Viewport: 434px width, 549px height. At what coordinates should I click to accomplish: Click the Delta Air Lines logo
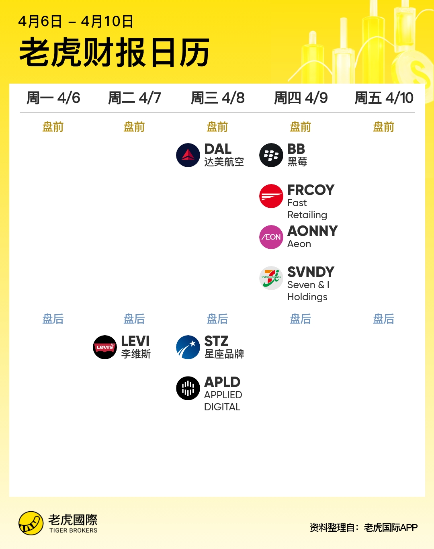pyautogui.click(x=188, y=155)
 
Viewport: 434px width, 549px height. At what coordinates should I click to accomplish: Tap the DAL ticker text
pyautogui.click(x=218, y=149)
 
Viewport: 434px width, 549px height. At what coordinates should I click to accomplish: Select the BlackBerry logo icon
pyautogui.click(x=271, y=155)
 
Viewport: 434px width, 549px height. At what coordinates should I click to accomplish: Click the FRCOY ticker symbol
pyautogui.click(x=311, y=190)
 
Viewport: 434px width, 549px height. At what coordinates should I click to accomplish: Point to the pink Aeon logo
pyautogui.click(x=271, y=237)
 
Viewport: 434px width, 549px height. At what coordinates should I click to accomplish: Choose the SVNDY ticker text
pyautogui.click(x=311, y=272)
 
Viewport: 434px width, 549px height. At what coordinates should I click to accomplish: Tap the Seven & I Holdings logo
pyautogui.click(x=271, y=278)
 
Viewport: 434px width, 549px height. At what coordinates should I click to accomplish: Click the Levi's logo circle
pyautogui.click(x=105, y=347)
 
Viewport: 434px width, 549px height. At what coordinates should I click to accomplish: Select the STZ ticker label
pyautogui.click(x=216, y=341)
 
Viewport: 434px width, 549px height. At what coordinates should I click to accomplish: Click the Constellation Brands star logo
pyautogui.click(x=188, y=347)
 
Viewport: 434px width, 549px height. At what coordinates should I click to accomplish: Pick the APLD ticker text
pyautogui.click(x=222, y=382)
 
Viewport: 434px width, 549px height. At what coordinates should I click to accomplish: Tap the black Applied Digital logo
pyautogui.click(x=188, y=388)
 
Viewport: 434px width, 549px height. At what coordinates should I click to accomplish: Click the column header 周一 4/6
pyautogui.click(x=53, y=98)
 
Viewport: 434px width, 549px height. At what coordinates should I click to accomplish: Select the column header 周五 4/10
pyautogui.click(x=384, y=98)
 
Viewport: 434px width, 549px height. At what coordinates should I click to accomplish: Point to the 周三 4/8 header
pyautogui.click(x=218, y=98)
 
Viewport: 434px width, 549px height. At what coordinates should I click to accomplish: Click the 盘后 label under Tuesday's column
pyautogui.click(x=134, y=319)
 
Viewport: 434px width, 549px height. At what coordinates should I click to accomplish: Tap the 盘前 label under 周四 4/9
pyautogui.click(x=301, y=127)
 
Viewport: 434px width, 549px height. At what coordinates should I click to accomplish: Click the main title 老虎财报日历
pyautogui.click(x=115, y=52)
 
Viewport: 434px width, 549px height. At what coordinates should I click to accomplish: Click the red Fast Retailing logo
pyautogui.click(x=271, y=196)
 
